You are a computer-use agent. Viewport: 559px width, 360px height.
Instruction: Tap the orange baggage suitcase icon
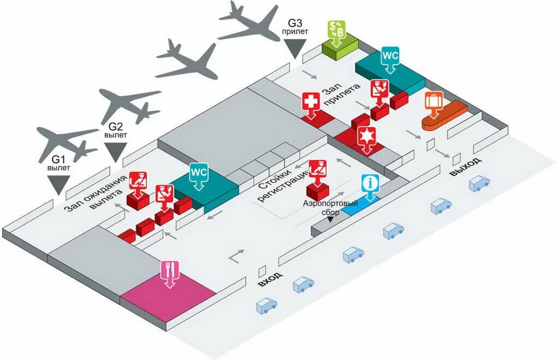[433, 103]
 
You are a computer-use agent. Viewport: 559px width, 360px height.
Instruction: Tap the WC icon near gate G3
[390, 56]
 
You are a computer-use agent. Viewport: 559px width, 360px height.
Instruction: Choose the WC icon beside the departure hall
[199, 172]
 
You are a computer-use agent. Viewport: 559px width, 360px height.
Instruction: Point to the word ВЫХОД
[465, 166]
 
